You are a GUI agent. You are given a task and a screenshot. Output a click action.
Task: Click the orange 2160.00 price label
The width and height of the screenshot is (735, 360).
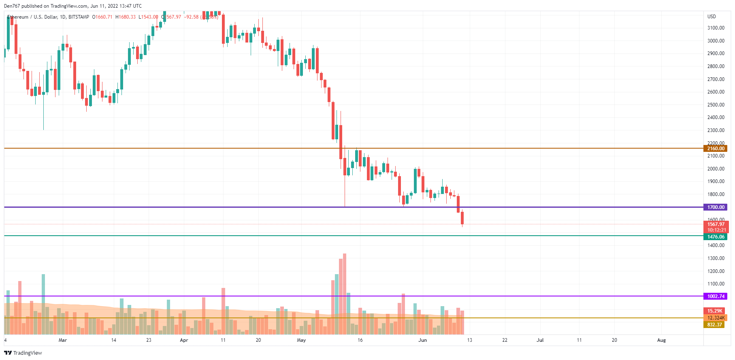[x=716, y=149]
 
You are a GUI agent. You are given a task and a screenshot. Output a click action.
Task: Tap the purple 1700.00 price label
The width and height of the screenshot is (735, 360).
[x=716, y=207]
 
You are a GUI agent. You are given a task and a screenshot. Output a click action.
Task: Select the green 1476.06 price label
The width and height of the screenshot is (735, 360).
[x=716, y=237]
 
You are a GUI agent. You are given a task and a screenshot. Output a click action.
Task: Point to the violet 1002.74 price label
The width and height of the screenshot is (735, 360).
[x=716, y=296]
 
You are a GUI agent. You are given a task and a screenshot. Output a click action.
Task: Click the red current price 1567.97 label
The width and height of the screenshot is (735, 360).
[x=716, y=224]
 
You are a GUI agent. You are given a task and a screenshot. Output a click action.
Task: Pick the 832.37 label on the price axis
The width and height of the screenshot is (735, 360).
[x=714, y=325]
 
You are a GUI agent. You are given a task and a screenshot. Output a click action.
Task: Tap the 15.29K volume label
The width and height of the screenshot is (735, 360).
[x=715, y=311]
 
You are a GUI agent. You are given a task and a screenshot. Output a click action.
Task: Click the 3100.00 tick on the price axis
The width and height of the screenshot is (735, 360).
[x=716, y=28]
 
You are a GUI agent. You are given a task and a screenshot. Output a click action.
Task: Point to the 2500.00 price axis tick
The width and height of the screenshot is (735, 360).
[x=716, y=105]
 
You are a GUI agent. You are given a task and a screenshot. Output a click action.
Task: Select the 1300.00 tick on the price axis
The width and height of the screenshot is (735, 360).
[x=716, y=258]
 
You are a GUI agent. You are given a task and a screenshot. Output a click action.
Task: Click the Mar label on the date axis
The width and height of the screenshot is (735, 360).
[x=63, y=340]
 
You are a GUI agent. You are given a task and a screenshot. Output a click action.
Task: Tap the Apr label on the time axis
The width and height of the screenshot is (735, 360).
[x=184, y=340]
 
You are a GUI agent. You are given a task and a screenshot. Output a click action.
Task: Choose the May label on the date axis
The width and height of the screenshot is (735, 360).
[x=301, y=340]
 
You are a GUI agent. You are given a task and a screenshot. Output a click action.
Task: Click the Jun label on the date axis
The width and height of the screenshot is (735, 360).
[x=422, y=340]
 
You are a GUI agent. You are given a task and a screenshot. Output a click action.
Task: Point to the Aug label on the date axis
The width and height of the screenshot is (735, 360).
[x=661, y=340]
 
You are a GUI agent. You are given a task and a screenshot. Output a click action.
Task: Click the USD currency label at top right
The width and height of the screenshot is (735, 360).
[x=712, y=17]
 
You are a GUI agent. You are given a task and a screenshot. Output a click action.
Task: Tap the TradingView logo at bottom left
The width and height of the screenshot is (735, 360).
[x=23, y=353]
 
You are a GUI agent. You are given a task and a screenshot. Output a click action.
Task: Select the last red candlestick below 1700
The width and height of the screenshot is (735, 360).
[x=462, y=218]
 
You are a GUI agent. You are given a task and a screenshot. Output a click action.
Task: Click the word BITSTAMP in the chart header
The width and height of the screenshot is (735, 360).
[x=79, y=17]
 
